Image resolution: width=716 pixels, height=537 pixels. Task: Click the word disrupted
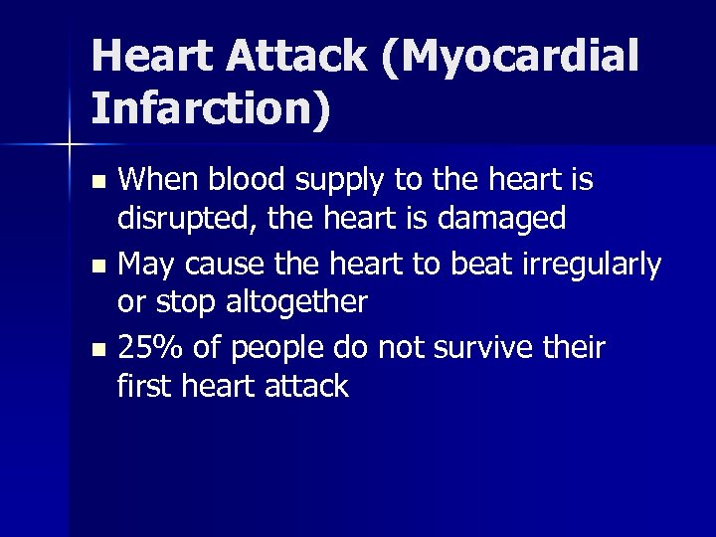pyautogui.click(x=190, y=218)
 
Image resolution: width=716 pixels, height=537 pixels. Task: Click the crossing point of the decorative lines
pyautogui.click(x=70, y=146)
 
